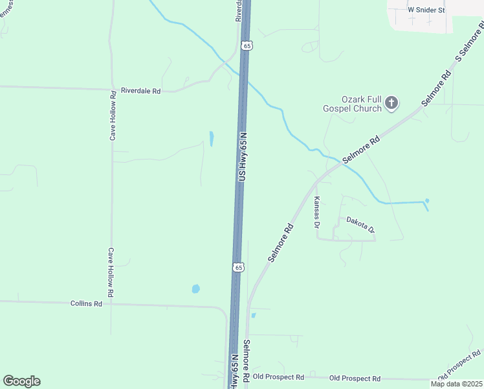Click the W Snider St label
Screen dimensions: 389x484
(x=426, y=10)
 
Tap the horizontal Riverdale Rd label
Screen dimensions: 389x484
(x=140, y=91)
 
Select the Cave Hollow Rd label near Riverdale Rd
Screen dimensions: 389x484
(x=113, y=115)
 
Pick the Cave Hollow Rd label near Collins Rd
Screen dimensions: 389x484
(x=111, y=272)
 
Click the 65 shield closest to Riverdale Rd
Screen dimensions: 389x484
(x=247, y=45)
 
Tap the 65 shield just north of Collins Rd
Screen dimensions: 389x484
(x=238, y=267)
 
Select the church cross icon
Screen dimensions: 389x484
(x=391, y=102)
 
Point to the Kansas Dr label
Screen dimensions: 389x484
(x=317, y=213)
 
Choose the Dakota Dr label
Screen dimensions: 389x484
(x=360, y=224)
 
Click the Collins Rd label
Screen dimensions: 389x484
(x=86, y=303)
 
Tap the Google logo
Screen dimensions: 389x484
(x=21, y=381)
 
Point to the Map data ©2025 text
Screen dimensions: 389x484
(x=456, y=384)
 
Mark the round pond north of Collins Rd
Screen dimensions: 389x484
(x=195, y=289)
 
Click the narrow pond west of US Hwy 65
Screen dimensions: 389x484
(x=212, y=138)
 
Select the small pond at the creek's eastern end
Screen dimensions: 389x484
(x=426, y=200)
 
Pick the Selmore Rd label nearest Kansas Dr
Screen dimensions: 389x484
(x=281, y=243)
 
